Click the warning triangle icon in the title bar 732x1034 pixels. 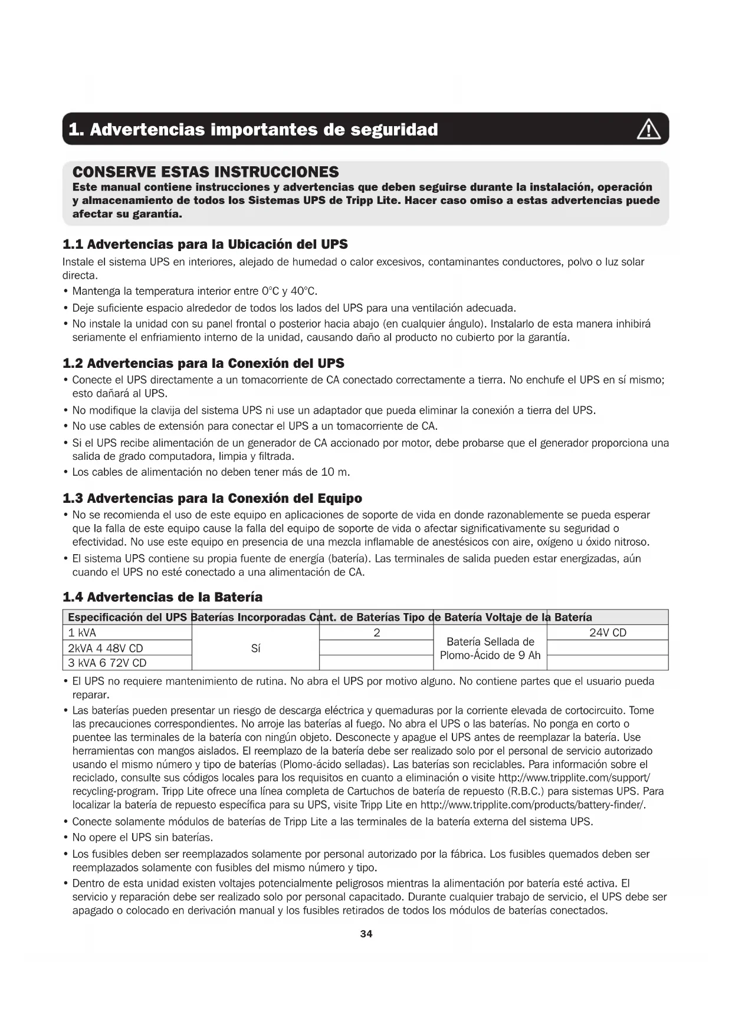tap(648, 129)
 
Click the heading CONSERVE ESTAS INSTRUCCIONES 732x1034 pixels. tap(205, 172)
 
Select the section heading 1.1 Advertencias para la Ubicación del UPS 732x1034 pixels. tap(205, 244)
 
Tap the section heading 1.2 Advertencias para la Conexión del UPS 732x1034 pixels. tap(203, 363)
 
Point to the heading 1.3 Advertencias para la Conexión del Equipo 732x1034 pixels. tap(212, 498)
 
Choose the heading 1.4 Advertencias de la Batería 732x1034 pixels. tap(162, 597)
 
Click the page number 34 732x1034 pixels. tap(366, 934)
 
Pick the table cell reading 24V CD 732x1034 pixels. tap(608, 633)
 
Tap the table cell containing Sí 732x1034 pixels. tap(255, 648)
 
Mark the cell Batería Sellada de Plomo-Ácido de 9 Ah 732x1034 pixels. tap(490, 648)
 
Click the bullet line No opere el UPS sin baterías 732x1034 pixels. tap(142, 837)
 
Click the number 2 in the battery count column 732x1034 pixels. tap(376, 633)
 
